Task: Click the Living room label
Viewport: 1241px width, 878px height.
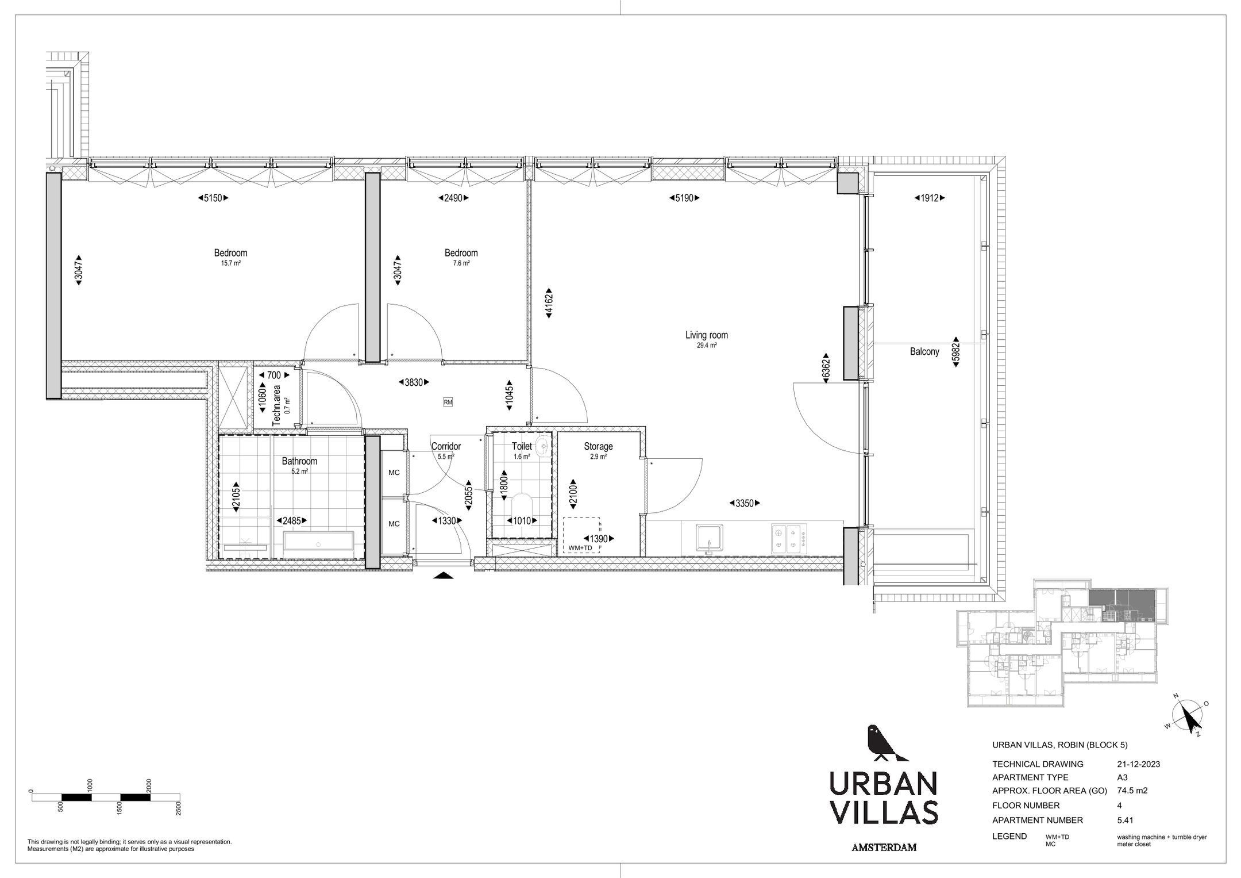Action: click(x=706, y=335)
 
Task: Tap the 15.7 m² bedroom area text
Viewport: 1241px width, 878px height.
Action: click(x=230, y=263)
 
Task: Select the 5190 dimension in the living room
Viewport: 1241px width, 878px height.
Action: click(x=684, y=198)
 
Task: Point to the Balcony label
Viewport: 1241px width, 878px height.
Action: click(x=924, y=351)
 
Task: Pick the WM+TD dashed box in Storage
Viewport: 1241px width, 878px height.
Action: click(x=582, y=535)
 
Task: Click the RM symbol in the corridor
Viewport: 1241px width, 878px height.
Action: click(x=448, y=402)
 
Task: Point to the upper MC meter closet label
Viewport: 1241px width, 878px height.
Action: click(x=394, y=473)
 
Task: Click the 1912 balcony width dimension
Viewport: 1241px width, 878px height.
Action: click(x=929, y=198)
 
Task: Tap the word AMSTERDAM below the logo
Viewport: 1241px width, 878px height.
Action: click(x=884, y=848)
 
